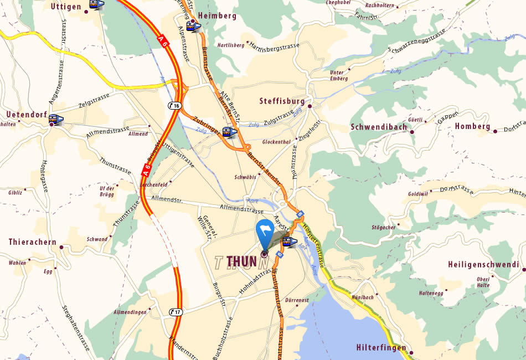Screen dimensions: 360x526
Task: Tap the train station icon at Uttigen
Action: pyautogui.click(x=96, y=4)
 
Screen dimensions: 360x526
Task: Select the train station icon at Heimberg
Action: pyautogui.click(x=193, y=26)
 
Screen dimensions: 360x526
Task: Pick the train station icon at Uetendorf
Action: pyautogui.click(x=55, y=119)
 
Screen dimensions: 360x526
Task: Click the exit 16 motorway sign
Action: pyautogui.click(x=175, y=106)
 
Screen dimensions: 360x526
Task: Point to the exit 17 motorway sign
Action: pyautogui.click(x=176, y=312)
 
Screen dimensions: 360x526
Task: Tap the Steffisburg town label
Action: pyautogui.click(x=282, y=101)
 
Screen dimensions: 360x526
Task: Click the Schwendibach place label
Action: pyautogui.click(x=379, y=127)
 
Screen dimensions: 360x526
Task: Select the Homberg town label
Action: pyautogui.click(x=472, y=126)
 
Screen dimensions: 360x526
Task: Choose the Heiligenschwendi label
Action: pyautogui.click(x=483, y=265)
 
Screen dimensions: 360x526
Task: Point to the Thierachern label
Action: pyautogui.click(x=32, y=242)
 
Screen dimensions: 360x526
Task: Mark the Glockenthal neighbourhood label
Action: pyautogui.click(x=276, y=142)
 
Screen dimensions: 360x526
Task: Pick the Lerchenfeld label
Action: pyautogui.click(x=154, y=184)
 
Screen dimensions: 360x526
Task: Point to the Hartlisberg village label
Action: pyautogui.click(x=231, y=45)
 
